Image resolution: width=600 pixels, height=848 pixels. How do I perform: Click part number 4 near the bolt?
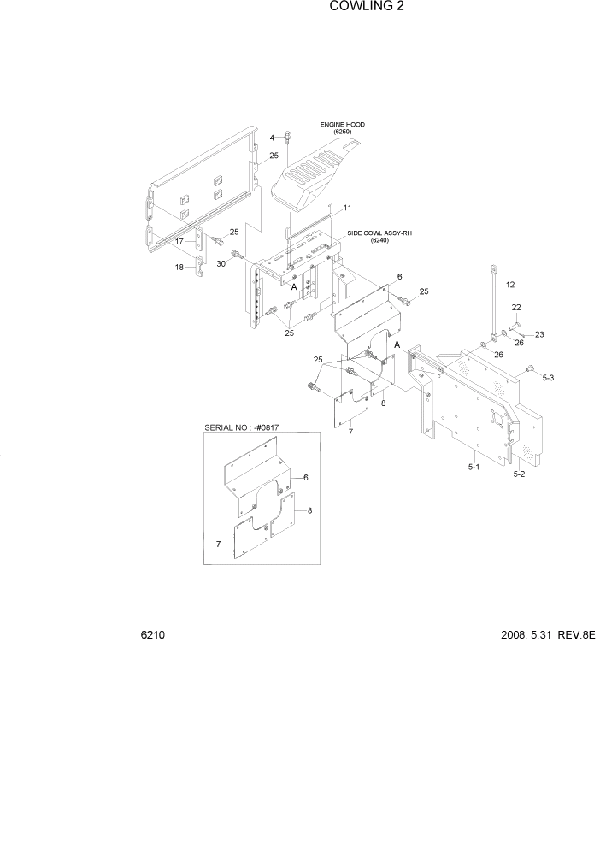coord(274,138)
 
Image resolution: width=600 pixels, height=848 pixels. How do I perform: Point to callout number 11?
coord(347,208)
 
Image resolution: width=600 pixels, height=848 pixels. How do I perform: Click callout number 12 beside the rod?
coord(511,285)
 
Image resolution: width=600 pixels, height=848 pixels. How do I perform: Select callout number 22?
coord(515,308)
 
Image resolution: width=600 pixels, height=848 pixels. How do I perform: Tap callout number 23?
coord(538,334)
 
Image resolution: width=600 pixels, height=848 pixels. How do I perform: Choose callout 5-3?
coord(548,377)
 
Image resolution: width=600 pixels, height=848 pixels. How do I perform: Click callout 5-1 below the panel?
coord(473,468)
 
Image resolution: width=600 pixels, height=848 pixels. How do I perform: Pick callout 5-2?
coord(520,473)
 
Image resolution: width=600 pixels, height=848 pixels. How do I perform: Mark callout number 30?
coord(220,263)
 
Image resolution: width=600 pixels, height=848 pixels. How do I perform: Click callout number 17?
coord(179,241)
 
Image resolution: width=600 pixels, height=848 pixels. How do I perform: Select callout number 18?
coord(179,268)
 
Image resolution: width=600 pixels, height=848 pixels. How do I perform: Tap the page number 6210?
coord(153,636)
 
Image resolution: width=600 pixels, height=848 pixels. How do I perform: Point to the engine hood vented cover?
coord(312,175)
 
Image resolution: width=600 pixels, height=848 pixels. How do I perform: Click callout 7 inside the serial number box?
coord(219,544)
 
